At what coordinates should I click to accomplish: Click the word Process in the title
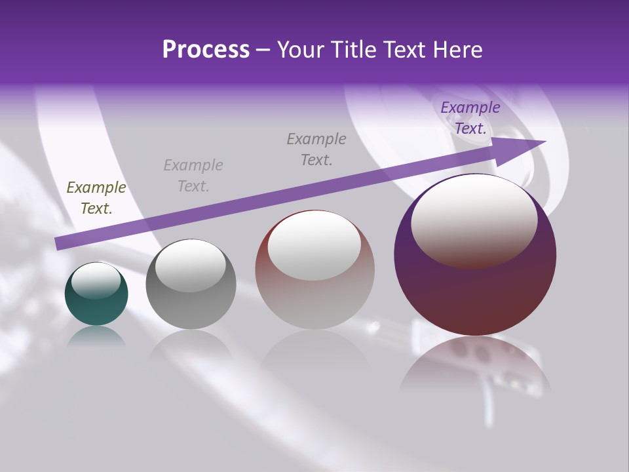[x=206, y=50]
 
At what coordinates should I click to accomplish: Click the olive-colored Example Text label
[x=96, y=198]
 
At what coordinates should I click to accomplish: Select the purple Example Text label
[x=470, y=118]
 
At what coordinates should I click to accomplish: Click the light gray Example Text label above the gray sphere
[x=193, y=176]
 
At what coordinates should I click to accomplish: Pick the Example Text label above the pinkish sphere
[x=316, y=149]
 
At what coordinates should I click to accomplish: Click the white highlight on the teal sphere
[x=96, y=281]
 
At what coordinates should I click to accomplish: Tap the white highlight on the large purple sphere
[x=474, y=220]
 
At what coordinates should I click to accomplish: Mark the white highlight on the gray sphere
[x=190, y=265]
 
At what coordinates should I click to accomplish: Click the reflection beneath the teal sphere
[x=96, y=336]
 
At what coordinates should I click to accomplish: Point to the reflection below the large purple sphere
[x=475, y=367]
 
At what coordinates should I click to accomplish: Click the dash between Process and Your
[x=263, y=50]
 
